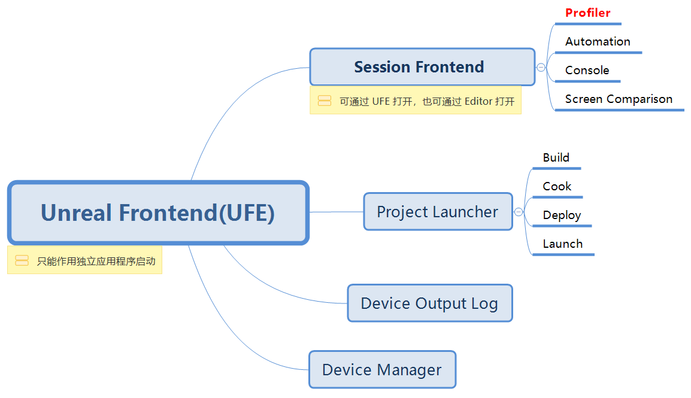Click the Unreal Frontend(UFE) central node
pos(158,212)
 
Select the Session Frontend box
pos(422,67)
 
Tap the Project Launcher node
pos(438,212)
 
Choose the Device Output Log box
pos(430,303)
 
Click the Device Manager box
pos(382,370)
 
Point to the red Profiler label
pos(588,13)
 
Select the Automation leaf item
pos(598,41)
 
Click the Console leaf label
pos(587,70)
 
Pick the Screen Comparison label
pos(619,99)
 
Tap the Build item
pos(556,157)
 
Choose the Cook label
pos(557,186)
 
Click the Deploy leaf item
pos(562,215)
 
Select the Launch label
pos(563,244)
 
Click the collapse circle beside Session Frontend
pos(541,68)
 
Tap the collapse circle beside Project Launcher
pos(519,212)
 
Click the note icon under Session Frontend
pos(325,101)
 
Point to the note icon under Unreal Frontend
pos(22,260)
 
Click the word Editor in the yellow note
pos(478,101)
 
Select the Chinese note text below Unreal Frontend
pos(96,262)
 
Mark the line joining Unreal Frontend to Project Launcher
pos(337,212)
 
